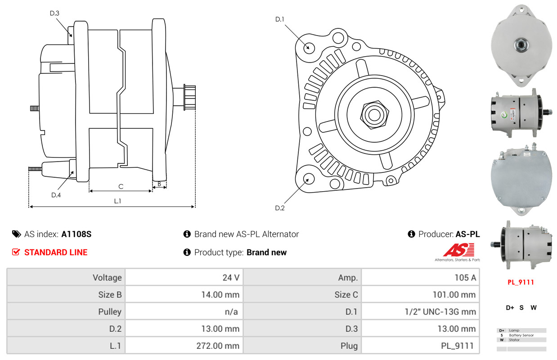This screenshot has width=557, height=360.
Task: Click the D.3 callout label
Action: coord(54,13)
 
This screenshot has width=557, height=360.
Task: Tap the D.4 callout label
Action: coord(56,195)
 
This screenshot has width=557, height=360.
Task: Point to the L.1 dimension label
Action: coord(117,201)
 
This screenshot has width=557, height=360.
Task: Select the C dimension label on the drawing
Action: coord(121,187)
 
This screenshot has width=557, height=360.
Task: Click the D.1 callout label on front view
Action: coord(279,19)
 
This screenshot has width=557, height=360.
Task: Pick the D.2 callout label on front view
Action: coord(280,208)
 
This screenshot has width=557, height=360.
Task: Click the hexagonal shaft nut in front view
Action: coord(374,115)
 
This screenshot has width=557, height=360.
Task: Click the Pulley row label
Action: coord(110,312)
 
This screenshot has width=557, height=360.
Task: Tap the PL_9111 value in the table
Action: coord(457,346)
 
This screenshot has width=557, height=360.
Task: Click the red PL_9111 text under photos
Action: coord(521,282)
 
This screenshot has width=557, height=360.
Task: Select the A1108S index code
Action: coord(76,234)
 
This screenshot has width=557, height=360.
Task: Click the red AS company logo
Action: coord(459,250)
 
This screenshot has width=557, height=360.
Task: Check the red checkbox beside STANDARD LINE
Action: coord(16,252)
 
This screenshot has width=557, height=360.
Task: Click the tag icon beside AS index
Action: coord(16,234)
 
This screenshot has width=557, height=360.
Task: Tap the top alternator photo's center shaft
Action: coord(521,45)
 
